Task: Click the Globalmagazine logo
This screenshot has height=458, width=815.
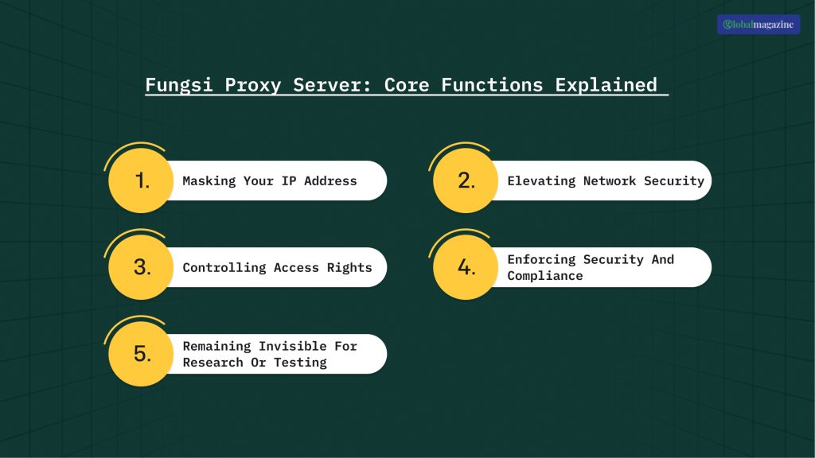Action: coord(758,25)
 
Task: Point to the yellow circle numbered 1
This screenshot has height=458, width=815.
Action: coord(142,180)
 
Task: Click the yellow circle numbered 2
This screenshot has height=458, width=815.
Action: coord(466,180)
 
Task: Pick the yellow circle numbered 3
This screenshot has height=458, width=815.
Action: coord(142,267)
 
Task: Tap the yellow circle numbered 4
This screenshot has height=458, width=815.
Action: coord(466,267)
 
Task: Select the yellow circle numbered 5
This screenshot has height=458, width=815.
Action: coord(142,354)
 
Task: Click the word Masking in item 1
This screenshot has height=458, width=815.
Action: coord(209,180)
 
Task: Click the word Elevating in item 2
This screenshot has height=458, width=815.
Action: coord(541,180)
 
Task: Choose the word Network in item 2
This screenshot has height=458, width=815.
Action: coord(610,180)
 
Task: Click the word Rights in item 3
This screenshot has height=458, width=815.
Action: coord(349,267)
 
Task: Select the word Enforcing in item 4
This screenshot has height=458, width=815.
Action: coord(541,259)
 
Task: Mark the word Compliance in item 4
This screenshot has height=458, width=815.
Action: coord(545,276)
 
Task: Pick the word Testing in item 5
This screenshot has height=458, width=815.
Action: coord(300,363)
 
